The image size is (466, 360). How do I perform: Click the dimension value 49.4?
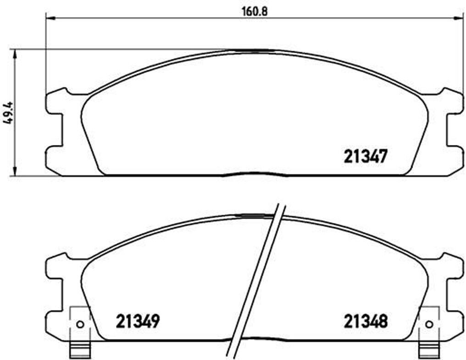[x=8, y=112]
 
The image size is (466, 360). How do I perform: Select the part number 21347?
[x=366, y=157]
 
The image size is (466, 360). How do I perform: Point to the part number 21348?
[x=366, y=321]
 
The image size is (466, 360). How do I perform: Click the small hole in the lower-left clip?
[x=80, y=324]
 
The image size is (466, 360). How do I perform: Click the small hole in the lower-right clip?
[x=429, y=324]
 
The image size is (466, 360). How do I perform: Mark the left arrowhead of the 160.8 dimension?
[x=50, y=18]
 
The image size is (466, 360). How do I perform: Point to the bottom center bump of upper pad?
[x=255, y=174]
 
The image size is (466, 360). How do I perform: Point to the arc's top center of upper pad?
[x=255, y=50]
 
